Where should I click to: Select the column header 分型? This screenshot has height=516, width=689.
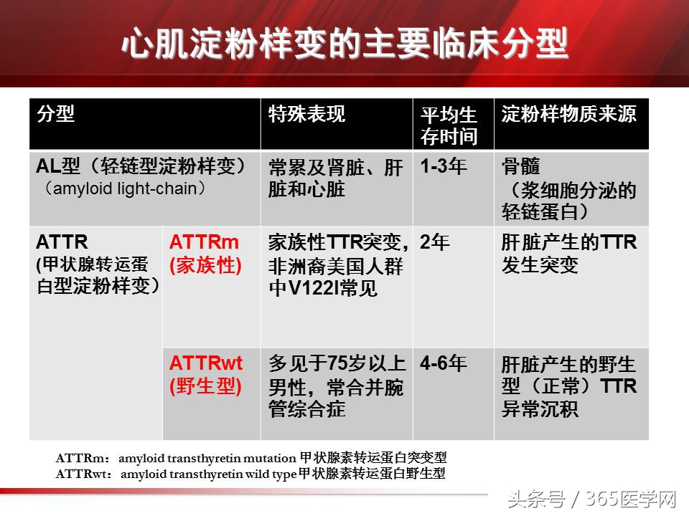(56, 114)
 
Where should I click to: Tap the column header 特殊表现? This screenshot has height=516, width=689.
(306, 114)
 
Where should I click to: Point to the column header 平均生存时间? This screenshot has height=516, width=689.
(449, 125)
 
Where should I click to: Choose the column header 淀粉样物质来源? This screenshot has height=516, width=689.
(569, 114)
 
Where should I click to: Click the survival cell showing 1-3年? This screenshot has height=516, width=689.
(444, 167)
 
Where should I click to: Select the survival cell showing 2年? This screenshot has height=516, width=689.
(435, 242)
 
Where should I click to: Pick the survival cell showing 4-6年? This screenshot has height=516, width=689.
(444, 363)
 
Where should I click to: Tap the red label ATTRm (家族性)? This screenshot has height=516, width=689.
(205, 254)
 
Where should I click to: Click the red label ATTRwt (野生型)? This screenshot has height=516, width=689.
(206, 375)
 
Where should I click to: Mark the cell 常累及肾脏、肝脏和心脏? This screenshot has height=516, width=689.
(335, 178)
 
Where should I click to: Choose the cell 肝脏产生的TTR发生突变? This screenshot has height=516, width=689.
(569, 254)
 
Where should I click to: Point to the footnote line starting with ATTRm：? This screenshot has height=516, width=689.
(255, 458)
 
